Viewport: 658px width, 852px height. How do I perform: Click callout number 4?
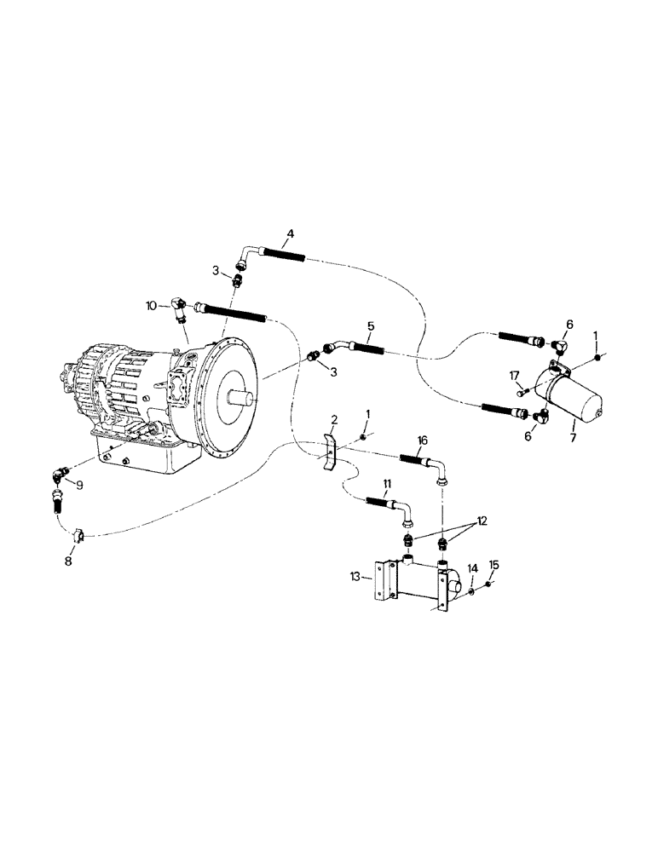(x=290, y=233)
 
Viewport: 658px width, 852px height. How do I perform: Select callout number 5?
(x=371, y=325)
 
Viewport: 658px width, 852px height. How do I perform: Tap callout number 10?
(x=151, y=304)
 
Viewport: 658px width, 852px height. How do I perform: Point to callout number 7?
(x=573, y=437)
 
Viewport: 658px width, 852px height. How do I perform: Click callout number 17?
(x=514, y=375)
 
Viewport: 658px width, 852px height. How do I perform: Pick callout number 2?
(x=335, y=420)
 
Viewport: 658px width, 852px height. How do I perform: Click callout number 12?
(x=482, y=520)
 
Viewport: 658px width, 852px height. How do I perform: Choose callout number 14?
(x=471, y=567)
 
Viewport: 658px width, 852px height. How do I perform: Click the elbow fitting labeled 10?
(x=178, y=308)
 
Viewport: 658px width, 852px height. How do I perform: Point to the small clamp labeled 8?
(x=77, y=535)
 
